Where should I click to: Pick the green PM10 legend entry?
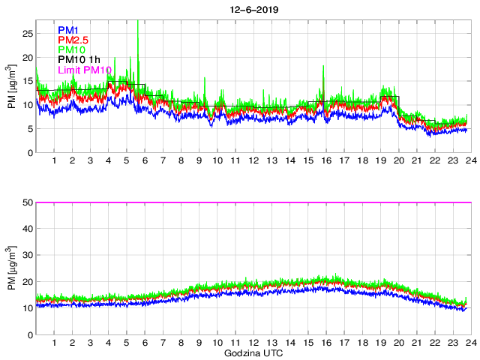click(x=71, y=49)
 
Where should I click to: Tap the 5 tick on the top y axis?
click(x=31, y=129)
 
